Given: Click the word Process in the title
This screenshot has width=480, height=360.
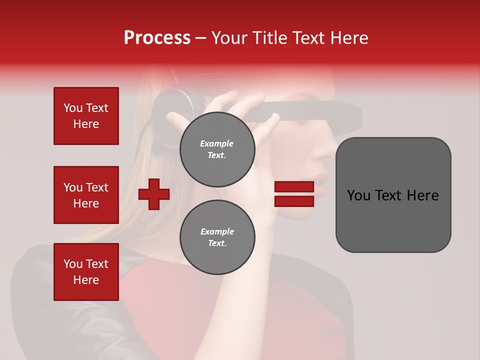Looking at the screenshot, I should (157, 38).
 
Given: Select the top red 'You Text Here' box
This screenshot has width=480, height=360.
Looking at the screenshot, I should (86, 116).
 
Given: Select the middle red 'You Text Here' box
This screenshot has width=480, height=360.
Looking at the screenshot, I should (86, 195).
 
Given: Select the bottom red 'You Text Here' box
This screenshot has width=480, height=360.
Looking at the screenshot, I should (86, 272).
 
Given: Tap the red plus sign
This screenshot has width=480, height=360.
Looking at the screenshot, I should (154, 194).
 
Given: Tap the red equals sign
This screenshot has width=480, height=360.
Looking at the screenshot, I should (294, 194).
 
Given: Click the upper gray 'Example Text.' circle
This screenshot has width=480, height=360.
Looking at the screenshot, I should (217, 149).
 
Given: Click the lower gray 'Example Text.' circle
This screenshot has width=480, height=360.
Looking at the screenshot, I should (217, 237).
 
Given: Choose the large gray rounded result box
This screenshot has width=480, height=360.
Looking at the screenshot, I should (393, 195).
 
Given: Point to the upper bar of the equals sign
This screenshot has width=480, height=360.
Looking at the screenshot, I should (294, 187).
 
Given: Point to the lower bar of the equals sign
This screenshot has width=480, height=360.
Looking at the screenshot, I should (294, 201).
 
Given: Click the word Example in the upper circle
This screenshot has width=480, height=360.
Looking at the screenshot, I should (217, 143).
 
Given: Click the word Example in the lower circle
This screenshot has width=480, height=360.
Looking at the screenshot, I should (217, 231).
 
